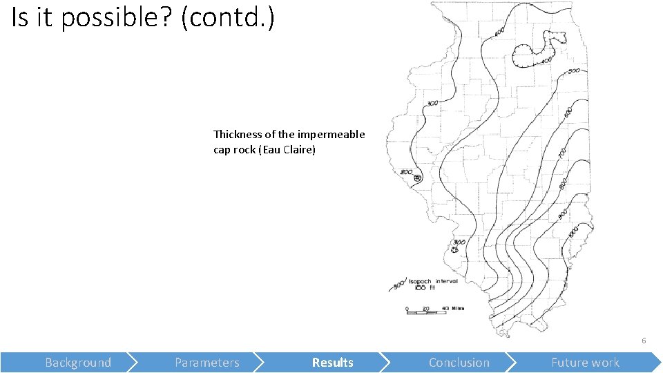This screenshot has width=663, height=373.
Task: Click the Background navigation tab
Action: tap(77, 363)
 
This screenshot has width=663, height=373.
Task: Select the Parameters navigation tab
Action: tap(207, 363)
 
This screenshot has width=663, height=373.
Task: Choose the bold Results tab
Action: tap(332, 363)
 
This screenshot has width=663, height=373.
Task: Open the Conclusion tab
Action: tap(459, 363)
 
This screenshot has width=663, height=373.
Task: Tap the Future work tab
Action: tap(585, 363)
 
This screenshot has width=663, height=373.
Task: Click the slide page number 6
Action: tap(644, 341)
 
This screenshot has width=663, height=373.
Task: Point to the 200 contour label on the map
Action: tap(406, 172)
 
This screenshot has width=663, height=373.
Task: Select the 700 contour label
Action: tap(562, 151)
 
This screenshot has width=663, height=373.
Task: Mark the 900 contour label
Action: tap(562, 214)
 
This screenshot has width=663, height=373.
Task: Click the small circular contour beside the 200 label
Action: tap(417, 179)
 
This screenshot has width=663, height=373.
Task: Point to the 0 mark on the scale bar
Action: tap(407, 308)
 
